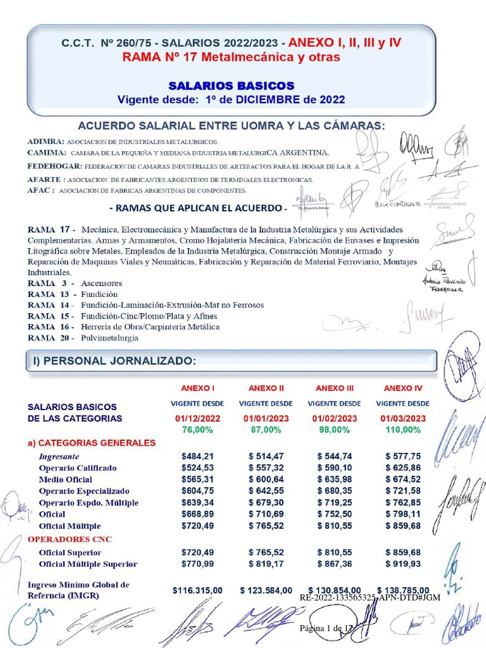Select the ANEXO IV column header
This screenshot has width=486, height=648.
(402, 389)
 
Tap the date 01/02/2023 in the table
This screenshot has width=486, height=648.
(334, 418)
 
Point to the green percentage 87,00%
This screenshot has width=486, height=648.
(266, 430)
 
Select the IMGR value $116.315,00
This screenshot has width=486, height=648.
(197, 590)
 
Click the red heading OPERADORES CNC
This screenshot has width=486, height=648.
(69, 539)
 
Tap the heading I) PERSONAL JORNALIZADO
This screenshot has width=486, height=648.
(115, 361)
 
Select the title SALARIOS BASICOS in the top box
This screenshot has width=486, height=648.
(231, 85)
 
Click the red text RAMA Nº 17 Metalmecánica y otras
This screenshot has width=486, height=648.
(231, 58)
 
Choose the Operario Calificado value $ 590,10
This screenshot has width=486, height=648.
(334, 468)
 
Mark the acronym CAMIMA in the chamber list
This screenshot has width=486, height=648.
(46, 153)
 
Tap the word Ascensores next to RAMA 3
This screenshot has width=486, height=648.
(101, 283)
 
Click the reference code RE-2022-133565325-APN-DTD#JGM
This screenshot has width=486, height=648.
(370, 598)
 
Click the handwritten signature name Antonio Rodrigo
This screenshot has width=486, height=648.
(444, 281)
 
